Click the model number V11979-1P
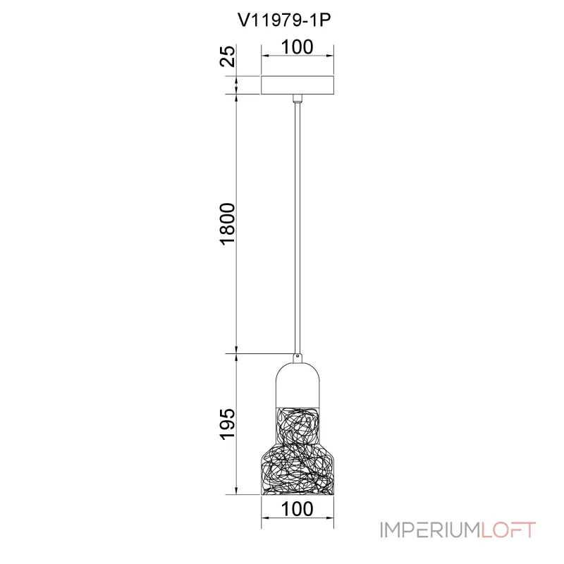pyautogui.click(x=284, y=20)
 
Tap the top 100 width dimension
pyautogui.click(x=297, y=47)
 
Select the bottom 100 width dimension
pyautogui.click(x=297, y=509)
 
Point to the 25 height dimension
pyautogui.click(x=227, y=56)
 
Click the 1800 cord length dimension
pyautogui.click(x=227, y=224)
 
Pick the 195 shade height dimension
pyautogui.click(x=227, y=424)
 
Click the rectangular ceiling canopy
pyautogui.click(x=298, y=85)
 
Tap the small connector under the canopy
pyautogui.click(x=298, y=99)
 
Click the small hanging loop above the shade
pyautogui.click(x=298, y=357)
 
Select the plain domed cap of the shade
pyautogui.click(x=298, y=385)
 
